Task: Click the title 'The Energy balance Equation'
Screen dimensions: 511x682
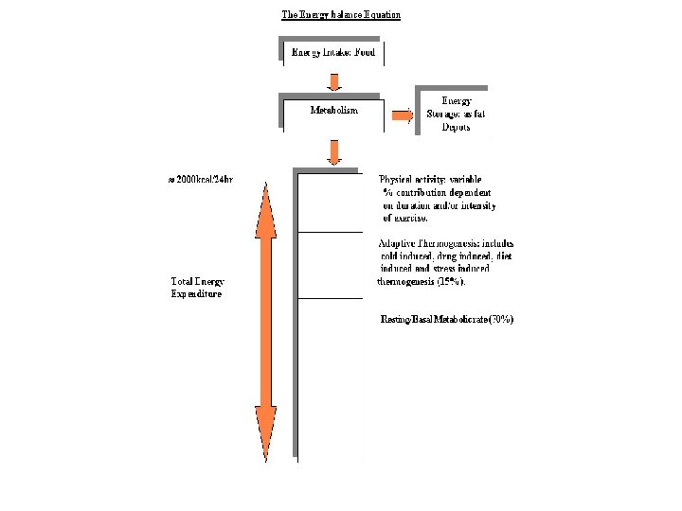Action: pos(341,15)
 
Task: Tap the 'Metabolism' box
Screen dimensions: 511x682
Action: pos(333,111)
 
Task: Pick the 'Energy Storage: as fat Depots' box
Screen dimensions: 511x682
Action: pos(456,114)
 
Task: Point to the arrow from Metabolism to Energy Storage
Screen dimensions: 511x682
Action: pos(403,115)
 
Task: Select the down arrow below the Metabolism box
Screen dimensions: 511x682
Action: pos(333,151)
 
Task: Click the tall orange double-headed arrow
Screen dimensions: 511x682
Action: pos(266,317)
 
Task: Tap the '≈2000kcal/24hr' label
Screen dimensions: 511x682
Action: pos(200,179)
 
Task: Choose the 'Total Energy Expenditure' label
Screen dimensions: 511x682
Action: pos(197,288)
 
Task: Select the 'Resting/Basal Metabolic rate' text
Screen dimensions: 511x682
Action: pos(431,320)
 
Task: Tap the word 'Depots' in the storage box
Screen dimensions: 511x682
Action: pos(456,127)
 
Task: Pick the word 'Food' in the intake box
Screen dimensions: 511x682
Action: pos(364,52)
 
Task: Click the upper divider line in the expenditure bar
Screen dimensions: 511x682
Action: pos(330,232)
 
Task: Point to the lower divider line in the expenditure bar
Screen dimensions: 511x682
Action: pos(330,299)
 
